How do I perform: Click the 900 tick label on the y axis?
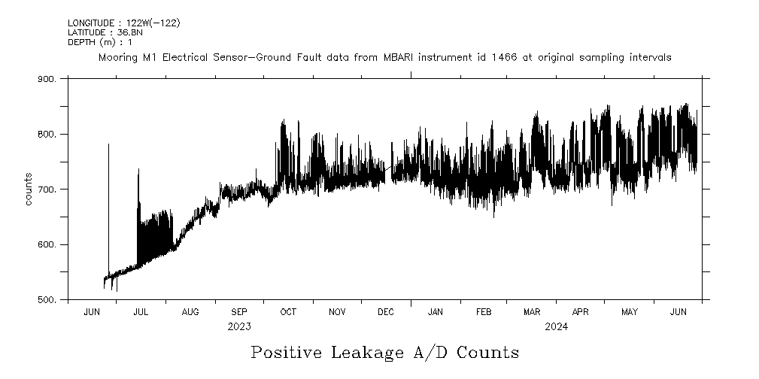(47, 79)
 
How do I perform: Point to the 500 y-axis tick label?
(47, 300)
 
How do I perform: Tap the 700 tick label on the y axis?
(47, 189)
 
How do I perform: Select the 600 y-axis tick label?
(47, 245)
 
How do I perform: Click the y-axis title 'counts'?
(28, 189)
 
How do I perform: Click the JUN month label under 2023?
(92, 312)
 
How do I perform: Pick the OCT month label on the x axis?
(288, 312)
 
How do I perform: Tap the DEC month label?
(386, 312)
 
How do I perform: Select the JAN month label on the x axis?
(435, 312)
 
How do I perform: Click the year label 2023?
(239, 327)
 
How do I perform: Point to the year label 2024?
(557, 327)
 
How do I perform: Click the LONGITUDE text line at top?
(123, 23)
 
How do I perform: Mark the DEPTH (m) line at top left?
(98, 41)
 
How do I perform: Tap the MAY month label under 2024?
(630, 312)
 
